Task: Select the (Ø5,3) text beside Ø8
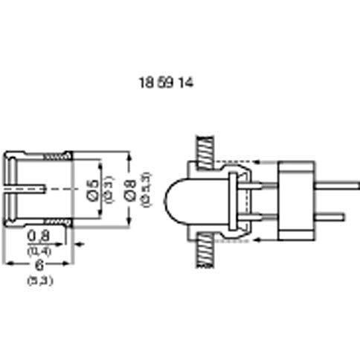(x=147, y=189)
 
